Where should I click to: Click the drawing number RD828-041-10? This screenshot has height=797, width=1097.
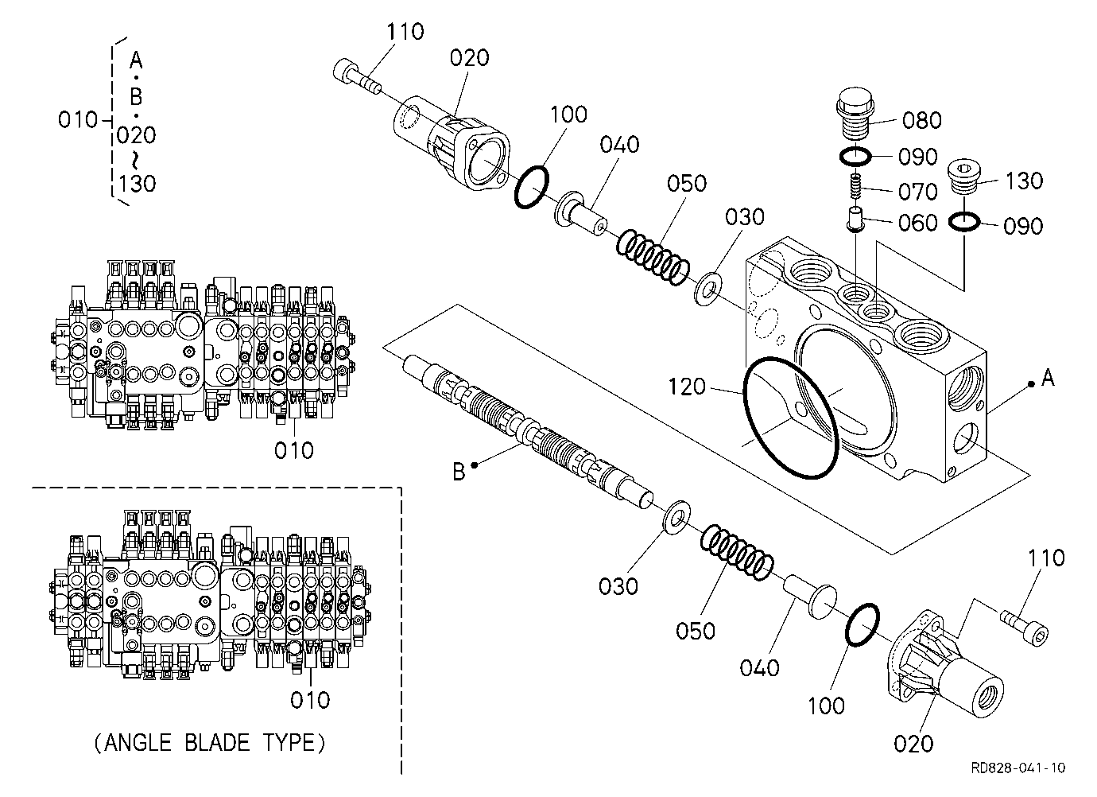[1018, 768]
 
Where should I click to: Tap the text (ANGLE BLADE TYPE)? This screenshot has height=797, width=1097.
[210, 743]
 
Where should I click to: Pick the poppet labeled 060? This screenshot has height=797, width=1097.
[855, 218]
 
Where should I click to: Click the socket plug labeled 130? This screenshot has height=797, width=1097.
[963, 177]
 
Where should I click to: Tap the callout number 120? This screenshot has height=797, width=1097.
[687, 387]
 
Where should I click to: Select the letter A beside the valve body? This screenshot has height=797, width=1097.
[1048, 378]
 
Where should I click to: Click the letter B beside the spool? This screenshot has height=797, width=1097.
[459, 472]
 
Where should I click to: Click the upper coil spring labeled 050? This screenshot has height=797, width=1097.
[653, 258]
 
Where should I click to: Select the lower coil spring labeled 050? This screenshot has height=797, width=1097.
[737, 552]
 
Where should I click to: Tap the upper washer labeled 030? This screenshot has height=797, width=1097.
[708, 290]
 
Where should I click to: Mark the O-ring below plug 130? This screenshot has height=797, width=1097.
[964, 222]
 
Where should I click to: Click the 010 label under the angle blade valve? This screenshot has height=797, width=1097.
[310, 701]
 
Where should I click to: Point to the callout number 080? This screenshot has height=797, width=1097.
[921, 120]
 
